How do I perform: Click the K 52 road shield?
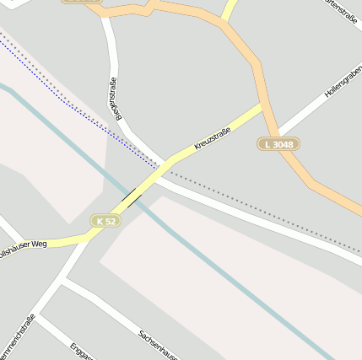(x=105, y=221)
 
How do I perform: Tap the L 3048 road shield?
(x=278, y=144)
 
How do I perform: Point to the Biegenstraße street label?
(x=111, y=99)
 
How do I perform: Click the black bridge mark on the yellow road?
(x=132, y=198)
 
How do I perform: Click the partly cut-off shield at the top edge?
(x=82, y=2)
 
